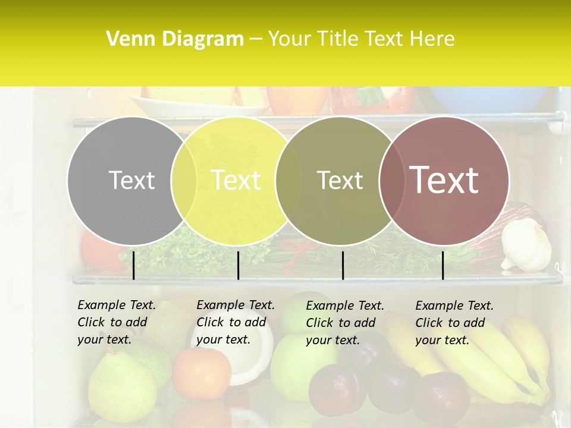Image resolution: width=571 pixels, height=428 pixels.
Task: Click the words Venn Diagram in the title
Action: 175,39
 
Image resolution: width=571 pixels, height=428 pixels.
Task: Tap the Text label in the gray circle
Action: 131,180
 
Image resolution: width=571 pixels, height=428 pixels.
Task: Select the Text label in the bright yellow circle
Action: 236,180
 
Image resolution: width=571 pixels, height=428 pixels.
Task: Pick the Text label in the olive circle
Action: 340,180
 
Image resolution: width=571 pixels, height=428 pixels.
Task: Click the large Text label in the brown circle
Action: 444,180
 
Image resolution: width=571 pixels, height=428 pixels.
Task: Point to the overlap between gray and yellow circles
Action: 184,181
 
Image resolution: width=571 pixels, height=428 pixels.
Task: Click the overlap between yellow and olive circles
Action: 288,181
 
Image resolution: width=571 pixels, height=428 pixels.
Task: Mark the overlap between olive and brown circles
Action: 391,181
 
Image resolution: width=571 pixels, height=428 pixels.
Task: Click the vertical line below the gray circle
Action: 133,265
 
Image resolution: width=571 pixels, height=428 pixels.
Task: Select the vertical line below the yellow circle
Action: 238,265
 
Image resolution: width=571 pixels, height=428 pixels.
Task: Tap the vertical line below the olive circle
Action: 343,265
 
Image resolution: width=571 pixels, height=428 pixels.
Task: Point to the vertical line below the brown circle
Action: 443,265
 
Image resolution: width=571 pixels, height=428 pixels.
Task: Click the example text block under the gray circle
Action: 116,322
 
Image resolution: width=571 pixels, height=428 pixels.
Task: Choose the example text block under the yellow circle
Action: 235,322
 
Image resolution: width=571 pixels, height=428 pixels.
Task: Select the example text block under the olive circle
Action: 344,323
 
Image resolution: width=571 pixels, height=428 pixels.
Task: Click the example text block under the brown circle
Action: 454,323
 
